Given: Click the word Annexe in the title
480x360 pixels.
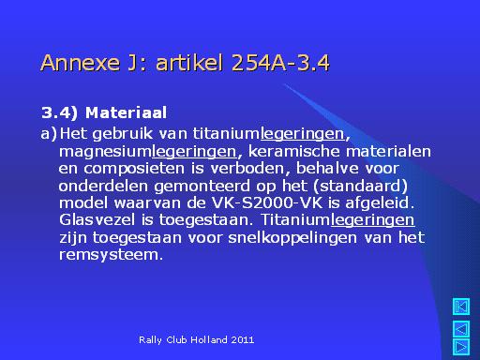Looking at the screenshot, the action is pos(81,63).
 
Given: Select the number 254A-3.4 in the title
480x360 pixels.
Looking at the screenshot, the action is pos(280,63).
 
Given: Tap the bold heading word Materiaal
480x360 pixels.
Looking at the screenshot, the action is pos(126,112).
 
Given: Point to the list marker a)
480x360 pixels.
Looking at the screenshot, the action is pos(49,134).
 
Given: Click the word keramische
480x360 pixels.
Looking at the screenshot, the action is pos(293,151).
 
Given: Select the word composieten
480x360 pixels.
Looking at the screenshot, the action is pos(134,169).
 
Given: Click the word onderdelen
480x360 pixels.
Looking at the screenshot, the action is pos(103,186).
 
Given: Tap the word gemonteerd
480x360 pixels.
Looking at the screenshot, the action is pos(202,187).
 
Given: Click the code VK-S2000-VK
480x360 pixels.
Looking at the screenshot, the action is pos(267,203).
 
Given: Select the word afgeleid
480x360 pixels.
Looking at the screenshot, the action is pos(380,203).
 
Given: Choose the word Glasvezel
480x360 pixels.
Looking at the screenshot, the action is pos(97,219).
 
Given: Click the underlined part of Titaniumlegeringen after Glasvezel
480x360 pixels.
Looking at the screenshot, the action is pos(372,220).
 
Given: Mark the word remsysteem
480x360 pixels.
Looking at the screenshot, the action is pos(111,255).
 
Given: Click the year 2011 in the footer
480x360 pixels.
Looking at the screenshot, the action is pos(243,339).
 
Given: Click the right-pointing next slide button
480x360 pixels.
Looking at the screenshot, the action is pos(461,347).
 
